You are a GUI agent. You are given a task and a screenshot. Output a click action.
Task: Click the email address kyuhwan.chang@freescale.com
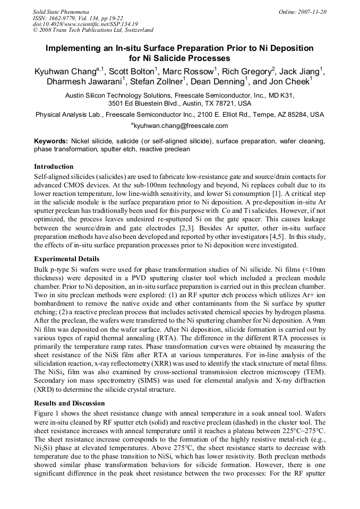coord(181,126)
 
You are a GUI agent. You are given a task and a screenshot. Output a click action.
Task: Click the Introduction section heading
coord(54,167)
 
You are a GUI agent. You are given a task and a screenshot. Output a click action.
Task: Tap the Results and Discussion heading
coord(69,403)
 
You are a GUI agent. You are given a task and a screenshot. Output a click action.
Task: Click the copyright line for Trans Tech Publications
coord(93,30)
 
